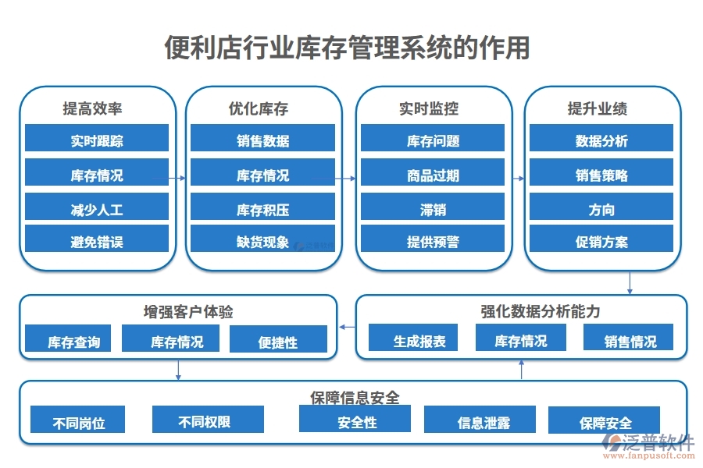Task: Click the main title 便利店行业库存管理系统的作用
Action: point(347,48)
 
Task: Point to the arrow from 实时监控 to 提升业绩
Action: point(518,179)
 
